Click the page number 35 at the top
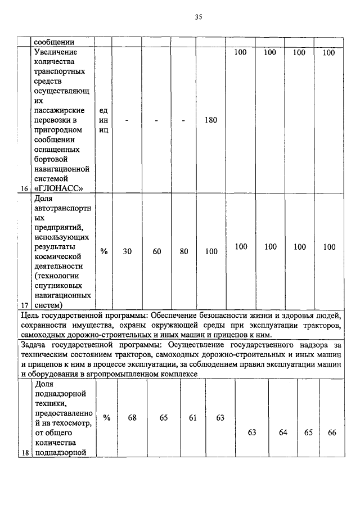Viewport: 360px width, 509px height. tap(198, 17)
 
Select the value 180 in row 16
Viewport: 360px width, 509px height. tap(211, 120)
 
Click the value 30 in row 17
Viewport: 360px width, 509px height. tap(128, 252)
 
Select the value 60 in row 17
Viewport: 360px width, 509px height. tap(157, 252)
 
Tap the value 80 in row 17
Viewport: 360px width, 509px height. tap(184, 252)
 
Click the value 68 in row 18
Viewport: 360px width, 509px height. tap(132, 418)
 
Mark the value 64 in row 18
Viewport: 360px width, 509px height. tap(282, 432)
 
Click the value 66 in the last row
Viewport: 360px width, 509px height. tap(331, 432)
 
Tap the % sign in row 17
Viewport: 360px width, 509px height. tap(103, 252)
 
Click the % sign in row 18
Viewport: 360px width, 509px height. tap(106, 418)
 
